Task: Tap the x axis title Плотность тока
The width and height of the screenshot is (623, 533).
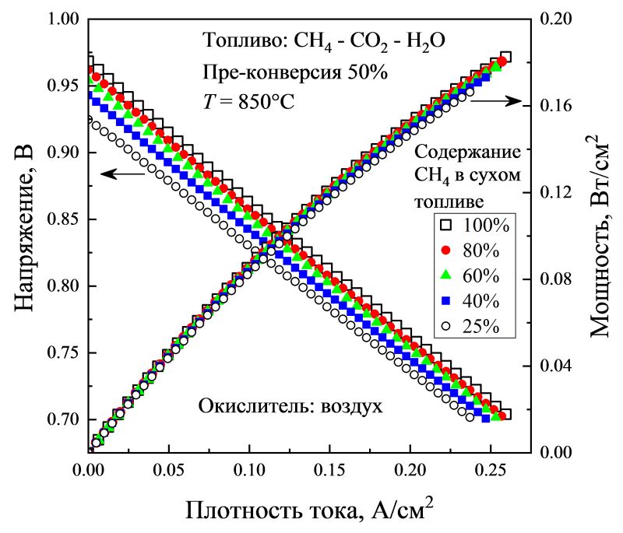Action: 308,510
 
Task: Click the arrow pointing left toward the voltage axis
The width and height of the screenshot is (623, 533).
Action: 123,174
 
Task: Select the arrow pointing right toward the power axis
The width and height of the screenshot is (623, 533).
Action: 495,100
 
